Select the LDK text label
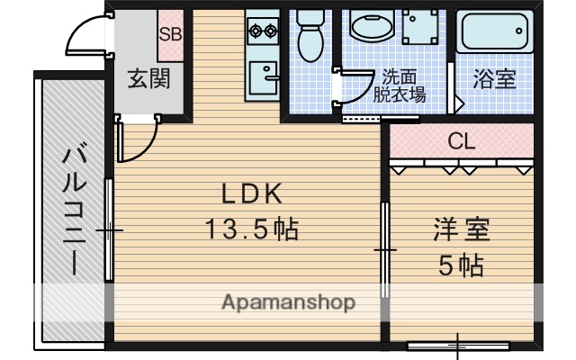point(253,193)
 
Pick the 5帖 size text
point(461,265)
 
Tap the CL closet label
point(461,141)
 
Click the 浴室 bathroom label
point(494,79)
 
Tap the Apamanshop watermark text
point(288,301)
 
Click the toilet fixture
point(310,36)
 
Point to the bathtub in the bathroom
point(495,34)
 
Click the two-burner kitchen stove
point(263,31)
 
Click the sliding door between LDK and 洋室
point(384,247)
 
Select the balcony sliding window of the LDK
point(108,232)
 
